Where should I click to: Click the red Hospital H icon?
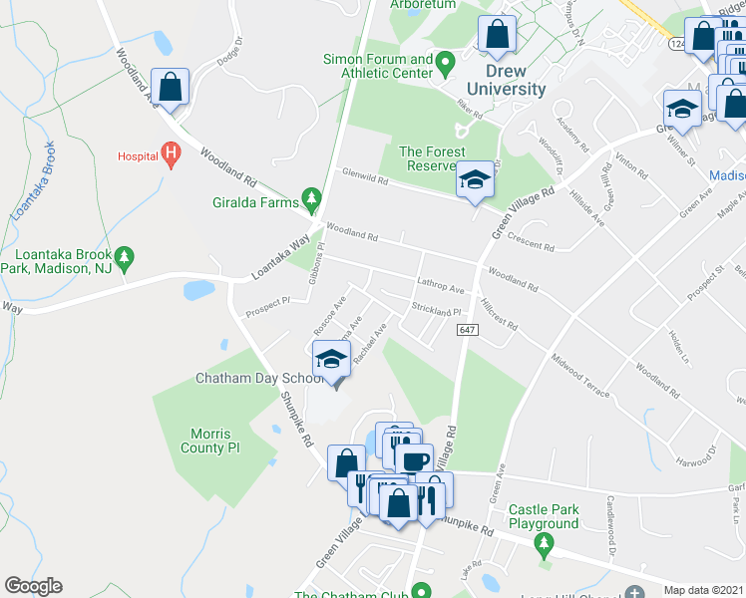172,154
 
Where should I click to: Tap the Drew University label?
517,80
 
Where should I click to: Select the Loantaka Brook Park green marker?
124,258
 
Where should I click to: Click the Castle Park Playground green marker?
544,544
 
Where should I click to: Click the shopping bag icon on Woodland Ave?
171,87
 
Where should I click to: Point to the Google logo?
33,586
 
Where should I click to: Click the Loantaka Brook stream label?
35,181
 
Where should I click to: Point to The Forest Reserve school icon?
475,181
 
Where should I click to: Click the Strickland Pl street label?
434,311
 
